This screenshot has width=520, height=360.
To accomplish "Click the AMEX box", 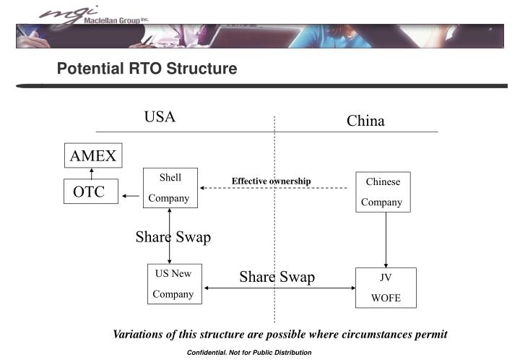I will point(92,155).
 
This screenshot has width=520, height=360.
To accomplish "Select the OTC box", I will point(91,192).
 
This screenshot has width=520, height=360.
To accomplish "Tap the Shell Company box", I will point(170,188).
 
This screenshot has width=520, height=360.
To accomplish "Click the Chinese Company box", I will point(383,192).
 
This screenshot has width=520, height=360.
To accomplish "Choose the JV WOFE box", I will point(386,287).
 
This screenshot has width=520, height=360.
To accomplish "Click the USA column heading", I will point(160,117).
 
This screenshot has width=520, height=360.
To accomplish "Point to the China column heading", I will point(365,121).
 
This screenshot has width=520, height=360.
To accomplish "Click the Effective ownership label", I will point(271,181).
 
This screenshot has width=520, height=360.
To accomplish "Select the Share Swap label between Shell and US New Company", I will point(173,237).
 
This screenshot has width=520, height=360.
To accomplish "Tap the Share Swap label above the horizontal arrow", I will point(277,277).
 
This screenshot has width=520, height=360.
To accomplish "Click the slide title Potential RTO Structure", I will point(147,69).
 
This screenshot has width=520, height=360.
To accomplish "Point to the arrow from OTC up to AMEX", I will point(92,173).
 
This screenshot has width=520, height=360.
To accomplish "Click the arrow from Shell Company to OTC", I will point(131,195).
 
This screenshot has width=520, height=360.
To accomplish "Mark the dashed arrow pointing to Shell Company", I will point(274,188).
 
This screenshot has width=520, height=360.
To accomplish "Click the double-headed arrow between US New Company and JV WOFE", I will point(279,288).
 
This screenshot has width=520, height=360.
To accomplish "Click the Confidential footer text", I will point(249,352).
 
